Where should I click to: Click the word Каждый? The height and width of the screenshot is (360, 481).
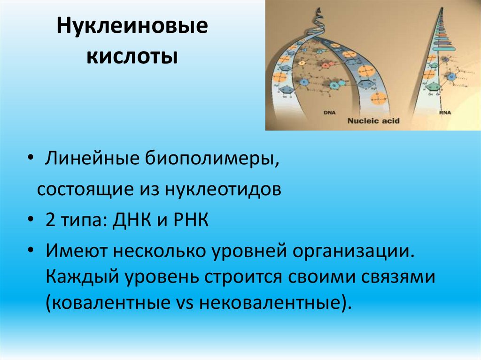pos(82,276)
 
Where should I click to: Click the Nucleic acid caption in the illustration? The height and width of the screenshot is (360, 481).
pos(373,121)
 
